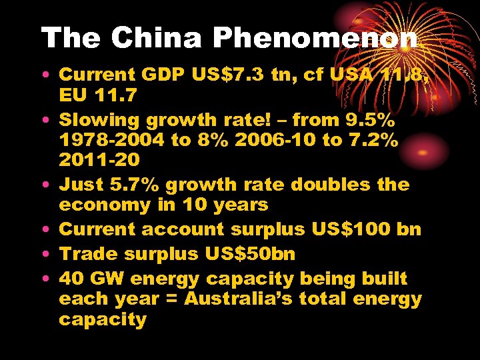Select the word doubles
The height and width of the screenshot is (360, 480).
point(331,184)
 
